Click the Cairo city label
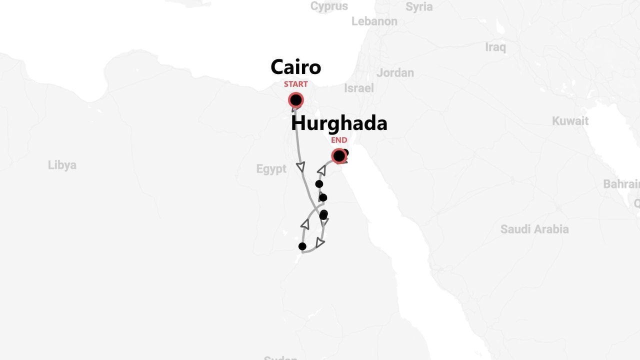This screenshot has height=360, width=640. [x=295, y=67]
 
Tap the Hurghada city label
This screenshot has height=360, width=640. [x=339, y=123]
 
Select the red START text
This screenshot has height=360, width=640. [x=295, y=84]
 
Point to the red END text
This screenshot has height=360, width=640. [x=339, y=140]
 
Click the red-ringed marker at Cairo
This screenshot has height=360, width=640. [x=296, y=100]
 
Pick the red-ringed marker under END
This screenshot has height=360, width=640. [x=339, y=156]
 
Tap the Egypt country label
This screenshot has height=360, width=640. [x=271, y=169]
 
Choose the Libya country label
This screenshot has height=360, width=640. [x=62, y=165]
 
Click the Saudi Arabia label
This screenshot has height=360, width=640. [x=534, y=229]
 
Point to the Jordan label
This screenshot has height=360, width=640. [x=395, y=73]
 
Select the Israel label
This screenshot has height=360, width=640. [x=358, y=88]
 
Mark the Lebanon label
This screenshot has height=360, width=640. [x=374, y=21]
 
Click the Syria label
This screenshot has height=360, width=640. [x=419, y=7]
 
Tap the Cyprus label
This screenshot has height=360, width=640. [x=329, y=6]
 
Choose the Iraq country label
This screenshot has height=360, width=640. [x=495, y=47]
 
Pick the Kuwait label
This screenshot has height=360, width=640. [x=570, y=121]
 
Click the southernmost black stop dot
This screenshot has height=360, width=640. [x=302, y=246]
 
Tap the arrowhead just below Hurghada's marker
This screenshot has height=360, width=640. [x=321, y=171]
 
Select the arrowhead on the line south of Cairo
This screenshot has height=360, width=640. [x=300, y=166]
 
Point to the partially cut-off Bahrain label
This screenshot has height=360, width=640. [x=621, y=184]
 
